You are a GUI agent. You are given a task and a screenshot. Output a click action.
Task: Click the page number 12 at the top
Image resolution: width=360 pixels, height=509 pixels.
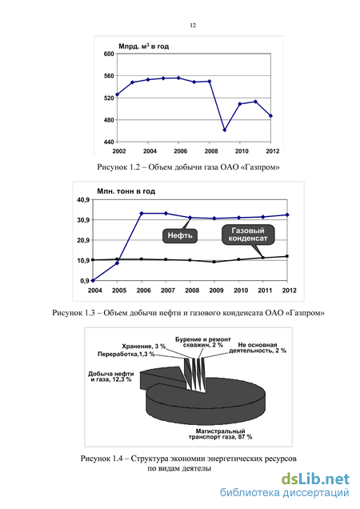click(x=193, y=26)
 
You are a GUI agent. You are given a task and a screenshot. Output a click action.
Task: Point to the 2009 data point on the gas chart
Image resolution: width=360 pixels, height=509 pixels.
click(x=225, y=130)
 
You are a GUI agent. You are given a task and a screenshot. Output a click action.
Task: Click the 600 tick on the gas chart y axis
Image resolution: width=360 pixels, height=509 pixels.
click(x=109, y=54)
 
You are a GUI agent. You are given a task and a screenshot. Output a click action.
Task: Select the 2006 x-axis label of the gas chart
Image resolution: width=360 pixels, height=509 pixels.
click(x=181, y=151)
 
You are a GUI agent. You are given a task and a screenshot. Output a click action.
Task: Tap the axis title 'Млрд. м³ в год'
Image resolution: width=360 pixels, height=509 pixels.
click(x=144, y=46)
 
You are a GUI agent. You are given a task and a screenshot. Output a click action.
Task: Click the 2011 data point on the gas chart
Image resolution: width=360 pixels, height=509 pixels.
click(x=255, y=102)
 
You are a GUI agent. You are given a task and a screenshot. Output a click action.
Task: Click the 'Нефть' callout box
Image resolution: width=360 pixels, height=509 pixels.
click(x=180, y=235)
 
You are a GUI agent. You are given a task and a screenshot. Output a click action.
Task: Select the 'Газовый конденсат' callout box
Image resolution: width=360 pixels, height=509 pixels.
click(x=248, y=234)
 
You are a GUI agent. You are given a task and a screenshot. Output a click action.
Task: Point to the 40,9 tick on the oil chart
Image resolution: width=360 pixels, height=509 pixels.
click(x=82, y=200)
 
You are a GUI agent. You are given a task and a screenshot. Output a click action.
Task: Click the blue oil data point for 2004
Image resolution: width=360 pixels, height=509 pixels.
click(x=93, y=280)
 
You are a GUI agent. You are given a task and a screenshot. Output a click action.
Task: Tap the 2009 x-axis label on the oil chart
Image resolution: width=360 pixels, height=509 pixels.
click(x=216, y=291)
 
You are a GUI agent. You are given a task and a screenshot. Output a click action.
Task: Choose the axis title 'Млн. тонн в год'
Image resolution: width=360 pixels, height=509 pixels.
click(x=126, y=191)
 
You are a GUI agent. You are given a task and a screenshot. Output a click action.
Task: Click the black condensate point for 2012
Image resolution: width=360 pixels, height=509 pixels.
click(x=287, y=256)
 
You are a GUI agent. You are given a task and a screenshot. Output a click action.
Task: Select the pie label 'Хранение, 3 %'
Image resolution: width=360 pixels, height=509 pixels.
click(x=144, y=347)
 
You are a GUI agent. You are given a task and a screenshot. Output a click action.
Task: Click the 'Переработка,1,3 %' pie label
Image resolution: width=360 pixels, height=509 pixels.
click(x=126, y=354)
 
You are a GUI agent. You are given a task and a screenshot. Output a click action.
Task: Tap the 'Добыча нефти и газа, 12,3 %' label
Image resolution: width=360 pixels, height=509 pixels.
click(x=110, y=376)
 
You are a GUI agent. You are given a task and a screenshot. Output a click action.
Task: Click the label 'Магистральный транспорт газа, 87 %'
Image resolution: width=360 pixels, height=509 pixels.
click(x=220, y=434)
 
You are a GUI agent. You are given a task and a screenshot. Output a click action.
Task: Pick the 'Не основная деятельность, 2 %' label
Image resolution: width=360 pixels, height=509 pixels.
click(x=258, y=347)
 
